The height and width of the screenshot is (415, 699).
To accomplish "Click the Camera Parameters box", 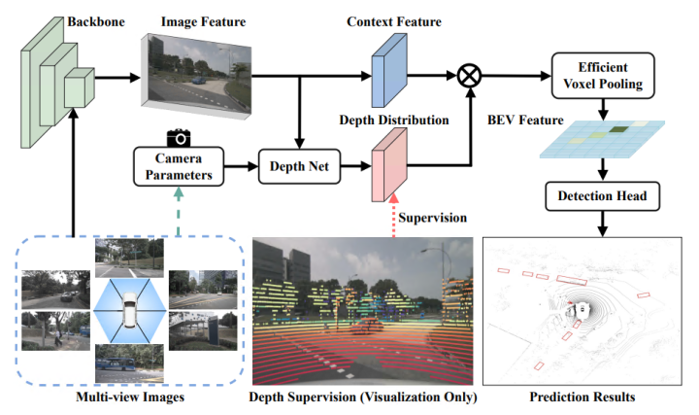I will click(178, 166).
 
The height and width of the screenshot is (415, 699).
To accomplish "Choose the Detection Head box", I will click(602, 197).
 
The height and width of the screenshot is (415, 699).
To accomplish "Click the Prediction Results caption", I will click(582, 398).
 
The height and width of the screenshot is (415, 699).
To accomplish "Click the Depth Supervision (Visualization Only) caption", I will click(364, 398).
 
